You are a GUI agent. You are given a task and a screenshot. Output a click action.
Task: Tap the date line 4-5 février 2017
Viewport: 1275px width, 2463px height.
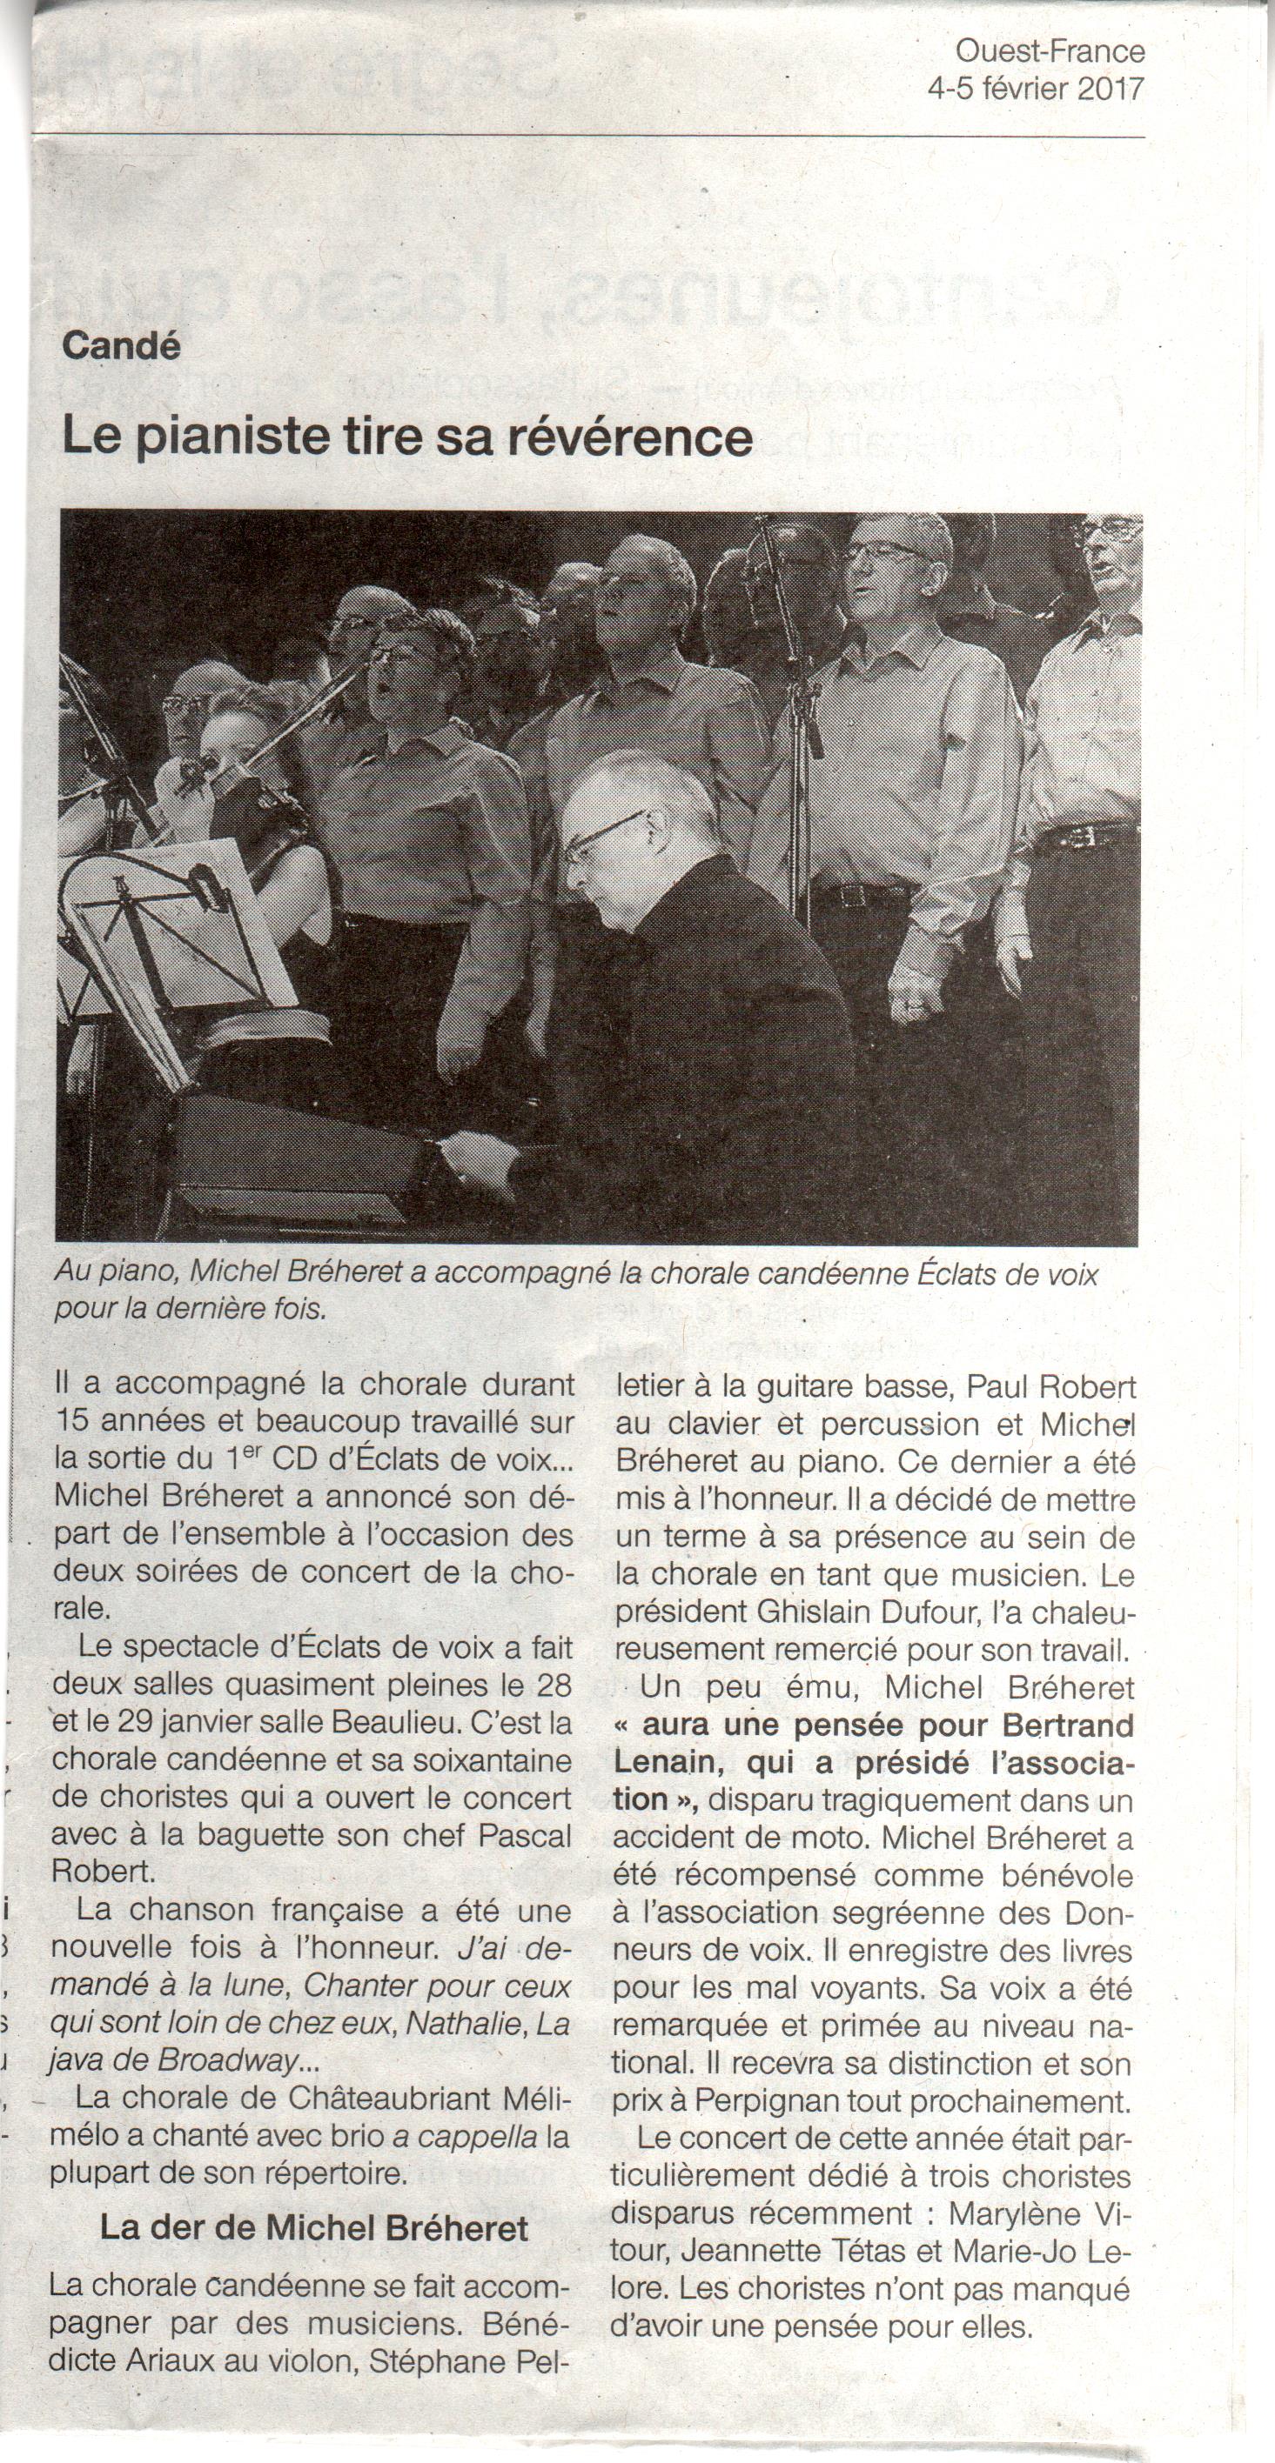tap(1036, 89)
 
